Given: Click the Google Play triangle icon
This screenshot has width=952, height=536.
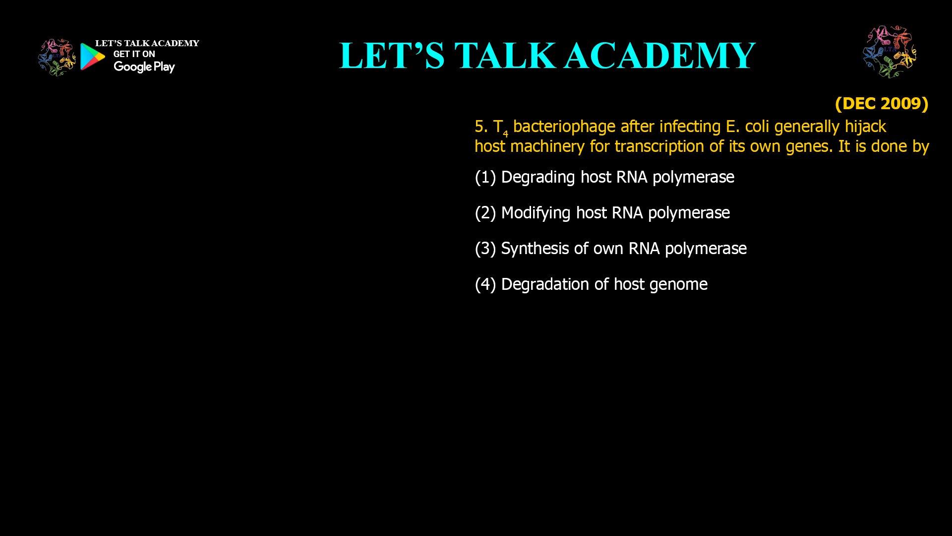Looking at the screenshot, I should pos(92,57).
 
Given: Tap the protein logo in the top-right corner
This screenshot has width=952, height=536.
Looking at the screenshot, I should pos(890,52).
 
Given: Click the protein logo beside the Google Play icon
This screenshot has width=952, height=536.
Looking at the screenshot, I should pos(57,58).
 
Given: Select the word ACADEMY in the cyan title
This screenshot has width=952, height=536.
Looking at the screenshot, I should pos(659,56).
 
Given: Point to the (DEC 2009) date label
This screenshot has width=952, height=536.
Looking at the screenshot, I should pos(881,103).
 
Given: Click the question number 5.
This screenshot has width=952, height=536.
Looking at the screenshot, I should pos(479,127).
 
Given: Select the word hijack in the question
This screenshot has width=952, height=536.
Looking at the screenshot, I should pos(865,127).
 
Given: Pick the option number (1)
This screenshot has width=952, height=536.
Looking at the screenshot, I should pos(485,177).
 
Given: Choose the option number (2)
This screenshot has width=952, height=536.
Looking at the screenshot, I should pos(485,213).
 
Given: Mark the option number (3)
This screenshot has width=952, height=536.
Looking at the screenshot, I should pos(485,249).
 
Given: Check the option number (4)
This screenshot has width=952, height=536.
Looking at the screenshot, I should pos(485,284).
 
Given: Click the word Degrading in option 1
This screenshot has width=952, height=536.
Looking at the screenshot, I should pos(538,177).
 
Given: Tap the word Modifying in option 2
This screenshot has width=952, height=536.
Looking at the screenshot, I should pos(535,213).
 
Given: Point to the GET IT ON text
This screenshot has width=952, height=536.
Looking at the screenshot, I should pos(134,54).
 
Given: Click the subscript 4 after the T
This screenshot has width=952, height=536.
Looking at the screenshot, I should pos(505,134).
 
